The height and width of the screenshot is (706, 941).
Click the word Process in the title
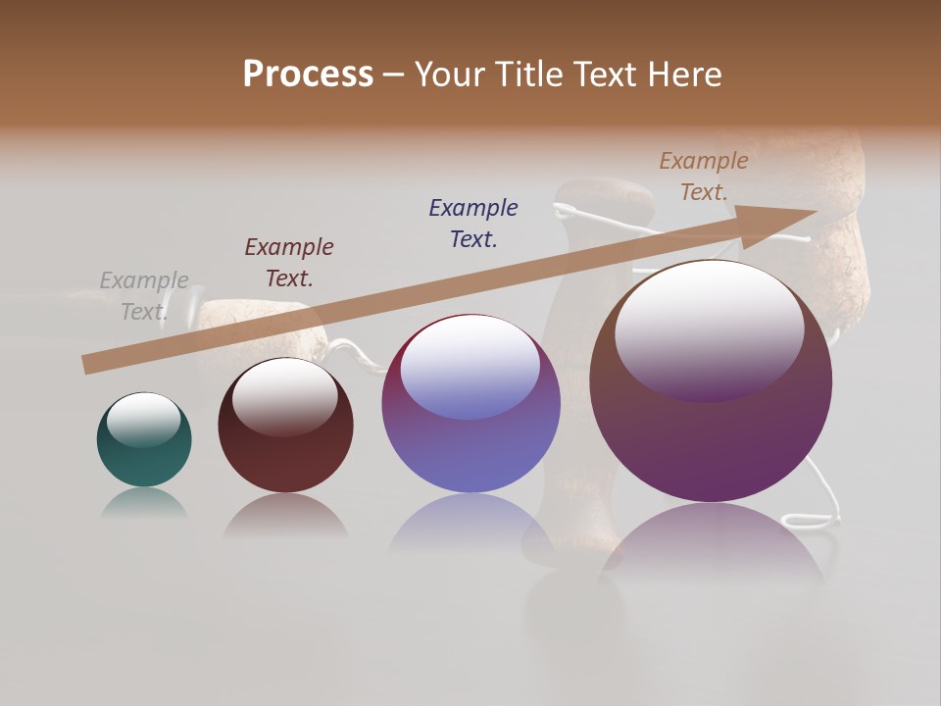(x=308, y=75)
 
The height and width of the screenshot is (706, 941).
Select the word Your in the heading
(x=448, y=75)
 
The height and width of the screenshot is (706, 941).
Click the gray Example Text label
(x=144, y=296)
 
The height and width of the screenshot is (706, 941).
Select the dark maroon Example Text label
(x=289, y=263)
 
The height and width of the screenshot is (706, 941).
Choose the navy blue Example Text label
(x=473, y=224)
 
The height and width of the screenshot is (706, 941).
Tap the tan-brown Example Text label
(x=704, y=176)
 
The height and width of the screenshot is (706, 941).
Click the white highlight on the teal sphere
(x=143, y=418)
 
